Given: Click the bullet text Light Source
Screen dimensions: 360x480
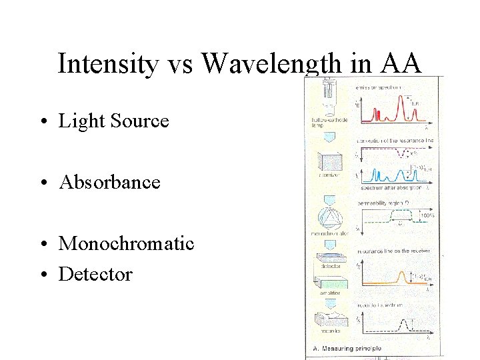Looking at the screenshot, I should pos(114,121).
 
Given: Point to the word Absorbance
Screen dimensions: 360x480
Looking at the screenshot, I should pos(110,182).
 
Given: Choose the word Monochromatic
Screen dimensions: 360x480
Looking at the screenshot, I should pos(127,243).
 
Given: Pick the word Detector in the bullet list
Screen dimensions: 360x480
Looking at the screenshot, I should pos(96,274).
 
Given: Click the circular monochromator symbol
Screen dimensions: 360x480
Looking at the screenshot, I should pos(330,216).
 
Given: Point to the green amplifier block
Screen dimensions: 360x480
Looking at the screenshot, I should pos(330,283).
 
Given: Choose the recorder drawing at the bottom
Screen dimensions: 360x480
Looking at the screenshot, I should pos(330,319).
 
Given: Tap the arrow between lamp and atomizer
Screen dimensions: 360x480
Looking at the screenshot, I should pos(330,136).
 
